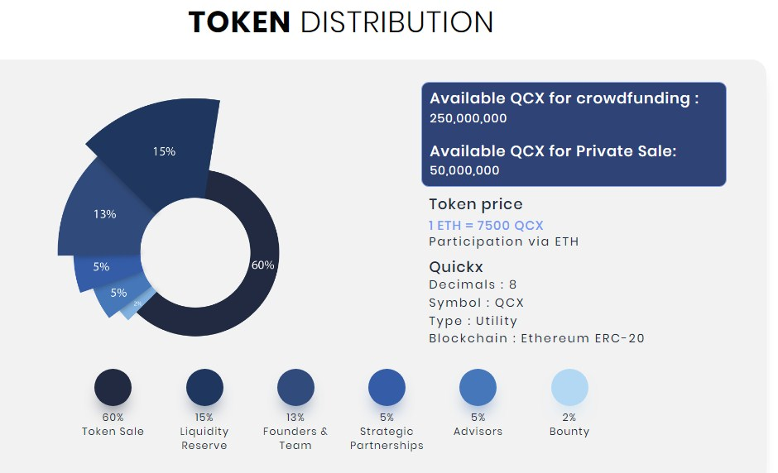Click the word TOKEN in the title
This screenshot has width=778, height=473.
click(x=239, y=22)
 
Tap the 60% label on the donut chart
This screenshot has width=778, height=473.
click(x=262, y=265)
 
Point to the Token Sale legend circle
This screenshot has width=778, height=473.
click(x=113, y=388)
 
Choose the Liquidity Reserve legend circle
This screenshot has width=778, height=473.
click(x=204, y=388)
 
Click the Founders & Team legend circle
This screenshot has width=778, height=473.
click(x=295, y=388)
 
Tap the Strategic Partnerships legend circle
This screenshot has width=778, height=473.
click(x=387, y=388)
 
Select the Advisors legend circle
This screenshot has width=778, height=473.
click(x=478, y=388)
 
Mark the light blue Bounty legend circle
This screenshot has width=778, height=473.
click(x=569, y=388)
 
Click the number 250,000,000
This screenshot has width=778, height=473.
click(x=468, y=118)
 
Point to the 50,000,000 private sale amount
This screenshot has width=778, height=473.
click(x=465, y=170)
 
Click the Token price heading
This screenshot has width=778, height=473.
click(x=475, y=204)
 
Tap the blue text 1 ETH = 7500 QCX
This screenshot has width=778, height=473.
click(x=486, y=225)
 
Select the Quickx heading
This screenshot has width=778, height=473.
click(x=456, y=267)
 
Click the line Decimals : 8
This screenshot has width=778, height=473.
click(x=473, y=284)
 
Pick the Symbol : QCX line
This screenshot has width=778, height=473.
click(x=476, y=303)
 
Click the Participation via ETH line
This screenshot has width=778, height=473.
click(x=503, y=241)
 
